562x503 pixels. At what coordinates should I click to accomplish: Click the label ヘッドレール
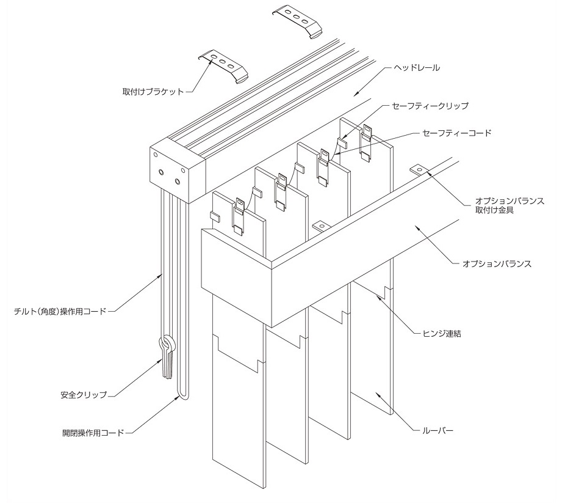(417, 68)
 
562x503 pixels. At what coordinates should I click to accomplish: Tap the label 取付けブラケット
(153, 92)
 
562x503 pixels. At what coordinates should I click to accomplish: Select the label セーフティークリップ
(430, 106)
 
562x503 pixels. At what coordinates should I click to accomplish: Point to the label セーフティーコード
(457, 133)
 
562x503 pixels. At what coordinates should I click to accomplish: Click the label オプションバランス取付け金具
(510, 205)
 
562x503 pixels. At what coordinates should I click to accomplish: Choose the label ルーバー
(438, 430)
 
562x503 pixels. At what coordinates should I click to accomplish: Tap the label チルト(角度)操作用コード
(60, 311)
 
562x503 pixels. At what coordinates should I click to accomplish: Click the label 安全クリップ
(84, 395)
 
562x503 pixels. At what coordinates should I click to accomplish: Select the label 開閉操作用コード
(93, 433)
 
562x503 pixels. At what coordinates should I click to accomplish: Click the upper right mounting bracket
(298, 21)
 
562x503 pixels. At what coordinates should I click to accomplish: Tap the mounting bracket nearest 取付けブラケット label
(224, 66)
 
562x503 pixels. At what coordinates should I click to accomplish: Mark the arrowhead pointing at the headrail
(356, 94)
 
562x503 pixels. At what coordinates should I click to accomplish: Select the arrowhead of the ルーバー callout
(377, 395)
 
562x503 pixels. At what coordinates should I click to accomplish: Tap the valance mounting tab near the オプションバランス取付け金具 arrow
(419, 169)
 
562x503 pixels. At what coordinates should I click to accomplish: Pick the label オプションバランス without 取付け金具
(497, 264)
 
